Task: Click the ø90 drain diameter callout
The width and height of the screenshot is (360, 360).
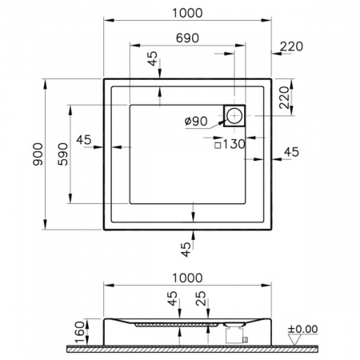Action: coord(196,121)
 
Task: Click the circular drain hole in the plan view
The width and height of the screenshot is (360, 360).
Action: coord(234,117)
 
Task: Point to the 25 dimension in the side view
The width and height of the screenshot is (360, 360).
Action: coord(200,302)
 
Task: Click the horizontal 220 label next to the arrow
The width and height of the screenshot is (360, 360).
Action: coord(292,47)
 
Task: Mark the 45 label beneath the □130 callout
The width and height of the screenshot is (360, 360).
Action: coord(291,150)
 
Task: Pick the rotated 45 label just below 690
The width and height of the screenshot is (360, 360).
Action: coord(152,60)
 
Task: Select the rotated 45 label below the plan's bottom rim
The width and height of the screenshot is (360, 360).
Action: coord(186,249)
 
